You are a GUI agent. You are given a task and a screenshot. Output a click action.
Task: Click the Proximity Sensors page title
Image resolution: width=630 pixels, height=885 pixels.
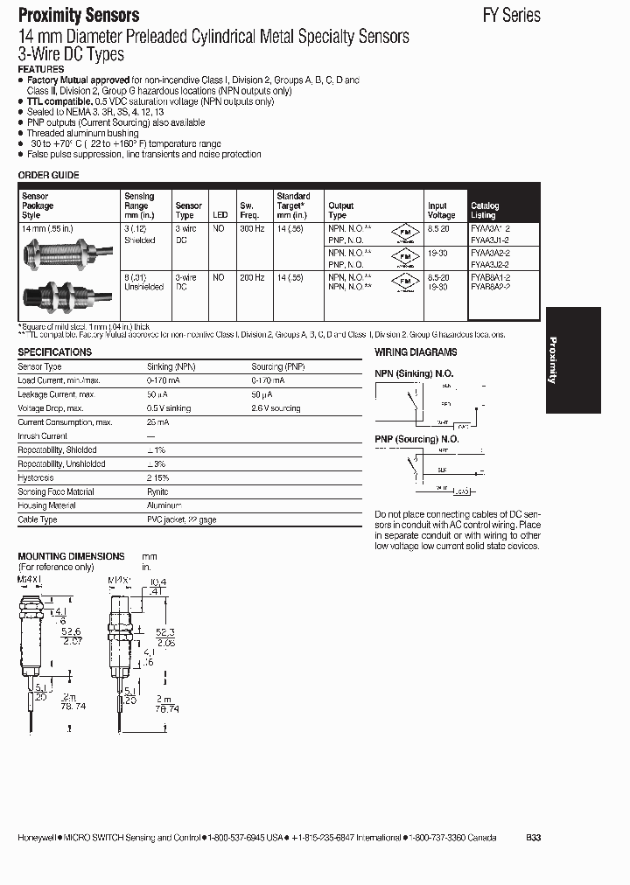[79, 15]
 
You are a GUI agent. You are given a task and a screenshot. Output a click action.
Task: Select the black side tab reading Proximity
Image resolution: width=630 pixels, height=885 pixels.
[572, 359]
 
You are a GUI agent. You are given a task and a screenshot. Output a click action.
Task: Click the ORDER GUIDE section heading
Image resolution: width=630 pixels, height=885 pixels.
[48, 175]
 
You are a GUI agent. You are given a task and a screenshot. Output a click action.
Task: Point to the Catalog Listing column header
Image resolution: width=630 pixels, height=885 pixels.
[485, 210]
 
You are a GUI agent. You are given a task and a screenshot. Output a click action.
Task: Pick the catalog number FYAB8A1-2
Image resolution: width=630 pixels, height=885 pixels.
[490, 277]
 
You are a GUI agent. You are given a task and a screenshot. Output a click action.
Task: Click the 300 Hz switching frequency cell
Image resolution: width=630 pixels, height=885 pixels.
[251, 228]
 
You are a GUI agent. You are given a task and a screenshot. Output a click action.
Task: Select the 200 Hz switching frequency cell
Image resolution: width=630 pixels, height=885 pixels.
[251, 277]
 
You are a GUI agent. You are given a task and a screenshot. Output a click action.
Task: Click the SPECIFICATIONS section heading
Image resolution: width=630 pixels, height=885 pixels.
[55, 352]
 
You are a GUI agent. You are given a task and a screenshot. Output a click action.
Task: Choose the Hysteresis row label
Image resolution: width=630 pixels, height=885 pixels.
[36, 477]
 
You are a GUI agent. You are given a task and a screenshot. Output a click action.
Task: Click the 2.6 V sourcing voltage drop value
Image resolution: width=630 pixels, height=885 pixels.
[276, 408]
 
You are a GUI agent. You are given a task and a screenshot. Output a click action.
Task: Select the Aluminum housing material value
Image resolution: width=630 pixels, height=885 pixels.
[164, 505]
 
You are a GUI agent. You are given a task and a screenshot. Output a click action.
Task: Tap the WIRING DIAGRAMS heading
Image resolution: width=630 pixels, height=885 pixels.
[416, 352]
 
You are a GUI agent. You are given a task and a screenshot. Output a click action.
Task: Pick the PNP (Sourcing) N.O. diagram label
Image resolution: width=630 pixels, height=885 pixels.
[417, 439]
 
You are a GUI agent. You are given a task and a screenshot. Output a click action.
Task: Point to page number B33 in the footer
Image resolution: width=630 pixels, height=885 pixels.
[534, 837]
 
